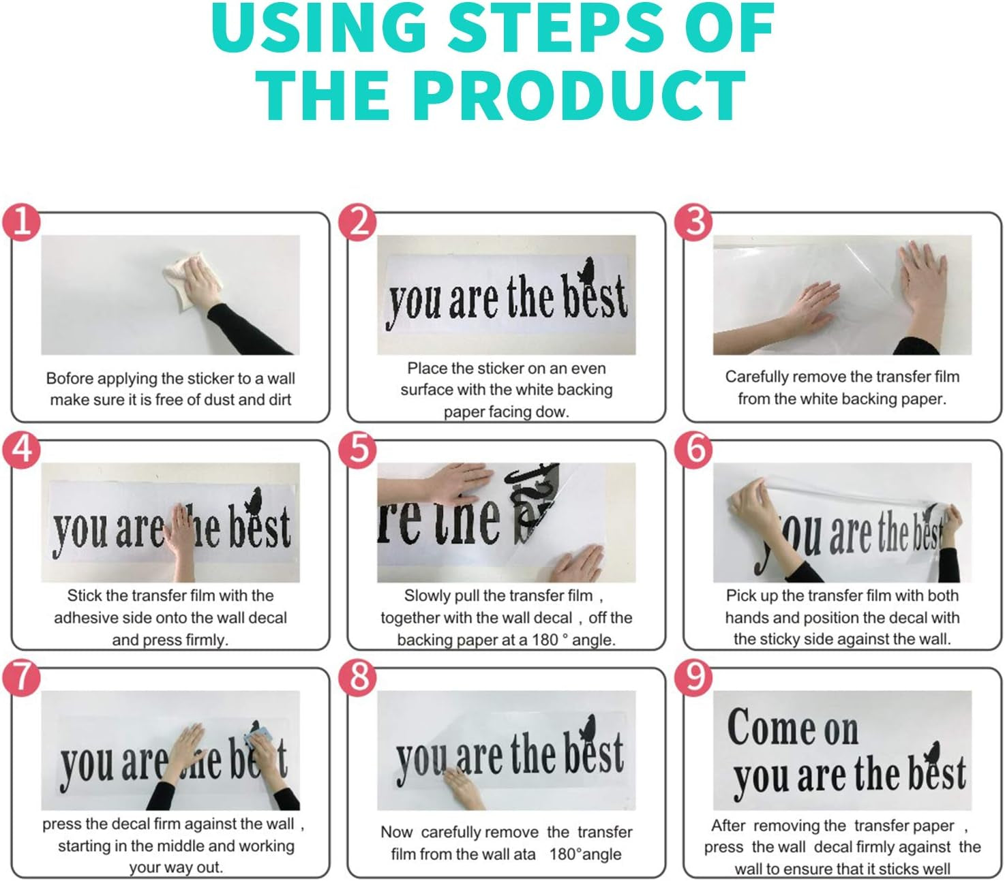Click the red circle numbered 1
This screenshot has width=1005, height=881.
click(21, 222)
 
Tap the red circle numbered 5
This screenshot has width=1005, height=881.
click(358, 450)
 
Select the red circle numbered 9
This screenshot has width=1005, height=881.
click(693, 677)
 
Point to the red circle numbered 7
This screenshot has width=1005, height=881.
click(21, 677)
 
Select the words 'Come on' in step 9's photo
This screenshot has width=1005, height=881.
click(792, 727)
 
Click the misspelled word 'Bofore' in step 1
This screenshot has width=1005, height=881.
click(71, 378)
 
